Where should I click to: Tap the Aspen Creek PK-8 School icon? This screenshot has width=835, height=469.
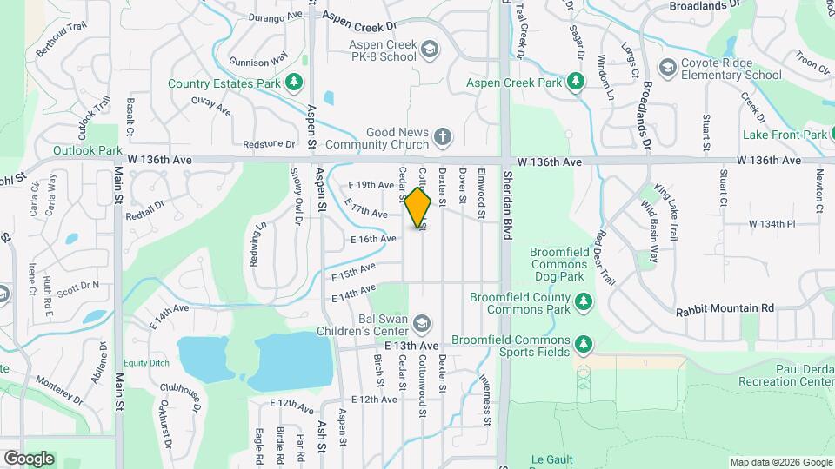point(429,50)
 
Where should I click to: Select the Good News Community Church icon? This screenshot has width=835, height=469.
point(443,136)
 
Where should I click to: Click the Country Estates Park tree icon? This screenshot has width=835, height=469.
point(295,83)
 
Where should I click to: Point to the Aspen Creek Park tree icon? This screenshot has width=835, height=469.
point(574,83)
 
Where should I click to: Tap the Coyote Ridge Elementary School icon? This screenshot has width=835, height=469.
point(667,68)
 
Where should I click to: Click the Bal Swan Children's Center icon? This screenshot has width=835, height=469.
point(422,323)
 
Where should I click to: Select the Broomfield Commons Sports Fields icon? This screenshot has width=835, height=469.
point(584,346)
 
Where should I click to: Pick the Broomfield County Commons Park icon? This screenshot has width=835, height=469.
point(584,302)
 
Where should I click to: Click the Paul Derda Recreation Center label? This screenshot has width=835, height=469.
point(785,375)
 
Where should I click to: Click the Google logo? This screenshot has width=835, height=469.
point(29,458)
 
